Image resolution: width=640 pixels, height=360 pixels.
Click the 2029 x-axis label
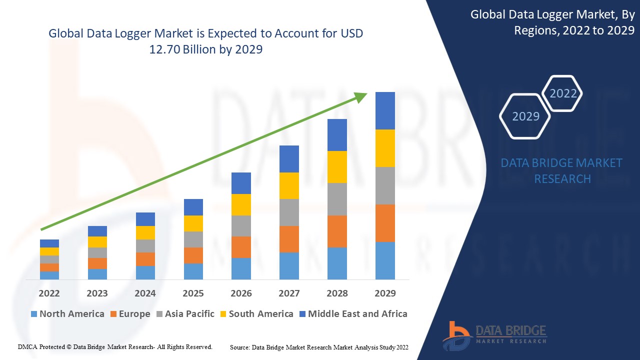tap(385, 293)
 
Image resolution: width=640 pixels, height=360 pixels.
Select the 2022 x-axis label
tap(49, 293)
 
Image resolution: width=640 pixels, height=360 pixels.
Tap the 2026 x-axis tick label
tap(241, 293)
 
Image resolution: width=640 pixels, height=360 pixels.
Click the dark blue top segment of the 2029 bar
tap(385, 110)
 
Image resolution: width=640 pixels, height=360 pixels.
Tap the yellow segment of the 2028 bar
tap(337, 167)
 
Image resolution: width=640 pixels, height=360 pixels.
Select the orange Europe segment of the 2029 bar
tap(385, 223)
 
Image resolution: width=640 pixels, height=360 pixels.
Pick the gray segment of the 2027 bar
tap(289, 212)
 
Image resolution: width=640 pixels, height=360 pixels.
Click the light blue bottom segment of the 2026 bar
tap(241, 268)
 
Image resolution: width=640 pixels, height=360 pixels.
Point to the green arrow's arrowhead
tap(360, 97)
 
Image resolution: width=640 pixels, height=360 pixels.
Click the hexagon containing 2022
tap(563, 93)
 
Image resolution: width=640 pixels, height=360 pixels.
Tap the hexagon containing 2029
tap(525, 116)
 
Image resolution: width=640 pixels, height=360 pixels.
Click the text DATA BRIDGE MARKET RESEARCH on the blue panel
tap(562, 170)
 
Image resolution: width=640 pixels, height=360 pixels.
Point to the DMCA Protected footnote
tap(115, 346)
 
